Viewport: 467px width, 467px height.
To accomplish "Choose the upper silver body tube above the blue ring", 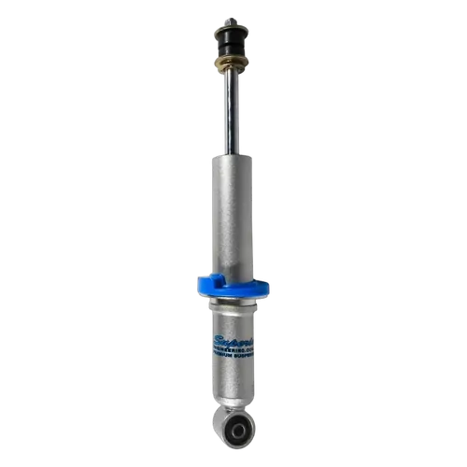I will click(231, 215).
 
